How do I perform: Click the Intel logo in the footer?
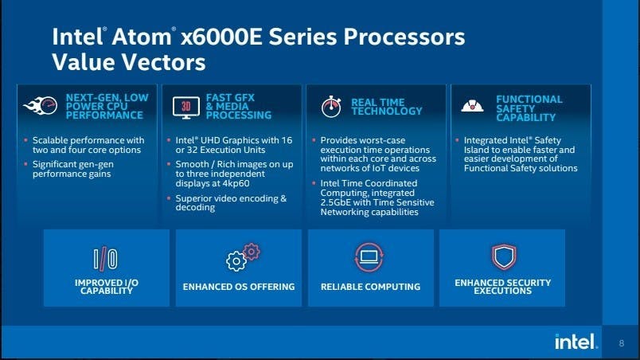[x=576, y=341]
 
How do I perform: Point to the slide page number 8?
[x=621, y=343]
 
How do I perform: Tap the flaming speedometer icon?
[x=41, y=106]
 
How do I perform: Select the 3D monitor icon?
[x=186, y=108]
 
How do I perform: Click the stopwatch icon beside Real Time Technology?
[x=331, y=107]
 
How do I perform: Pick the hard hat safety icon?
[x=472, y=106]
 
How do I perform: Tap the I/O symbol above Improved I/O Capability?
[x=106, y=258]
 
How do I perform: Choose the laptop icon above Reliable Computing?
[x=369, y=257]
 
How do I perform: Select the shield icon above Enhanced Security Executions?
[x=504, y=257]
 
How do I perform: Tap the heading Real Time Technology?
[x=387, y=107]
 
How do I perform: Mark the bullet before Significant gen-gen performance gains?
[x=25, y=164]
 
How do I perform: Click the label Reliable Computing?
[x=370, y=287]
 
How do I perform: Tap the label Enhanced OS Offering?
[x=239, y=287]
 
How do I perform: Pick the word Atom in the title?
[x=142, y=37]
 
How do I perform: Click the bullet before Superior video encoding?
[x=169, y=198]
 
